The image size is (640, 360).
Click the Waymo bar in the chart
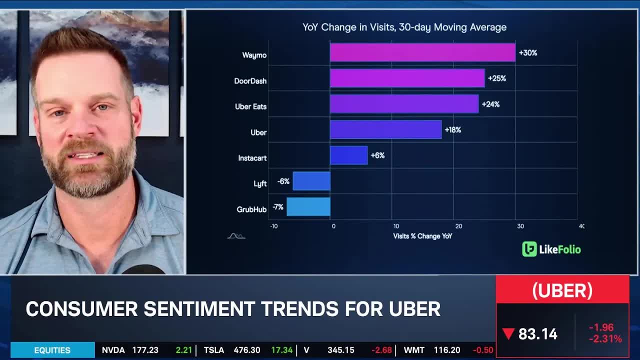[x=422, y=52]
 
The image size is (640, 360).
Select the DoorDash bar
[x=407, y=78]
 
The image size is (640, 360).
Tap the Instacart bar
[x=348, y=155]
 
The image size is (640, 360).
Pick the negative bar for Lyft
[x=311, y=181]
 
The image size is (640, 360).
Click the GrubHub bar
[x=308, y=207]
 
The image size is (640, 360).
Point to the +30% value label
[x=528, y=52]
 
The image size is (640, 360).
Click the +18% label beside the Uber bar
[x=452, y=130]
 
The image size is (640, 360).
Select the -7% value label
[x=277, y=207]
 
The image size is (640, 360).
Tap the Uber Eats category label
[x=250, y=106]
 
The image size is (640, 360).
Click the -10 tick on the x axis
[x=273, y=226]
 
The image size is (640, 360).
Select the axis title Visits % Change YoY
[x=422, y=236]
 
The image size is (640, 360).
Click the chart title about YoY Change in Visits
[x=404, y=27]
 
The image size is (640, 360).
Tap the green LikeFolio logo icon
[x=529, y=249]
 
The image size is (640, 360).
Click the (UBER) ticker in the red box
[x=562, y=290]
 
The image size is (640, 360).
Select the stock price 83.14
[x=537, y=334]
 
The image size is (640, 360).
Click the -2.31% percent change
[x=605, y=339]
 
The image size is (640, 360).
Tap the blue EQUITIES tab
[x=52, y=350]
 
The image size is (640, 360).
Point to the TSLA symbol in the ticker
[x=213, y=350]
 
